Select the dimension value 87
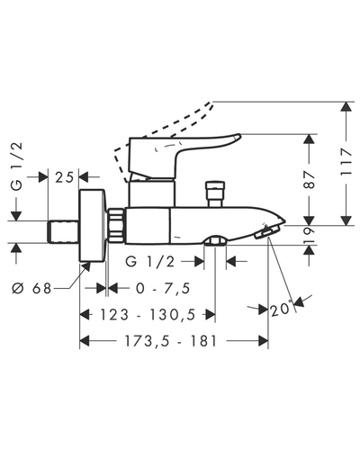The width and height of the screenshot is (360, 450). click(310, 179)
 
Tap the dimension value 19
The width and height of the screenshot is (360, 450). click(310, 235)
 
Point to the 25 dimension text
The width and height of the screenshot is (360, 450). click(64, 177)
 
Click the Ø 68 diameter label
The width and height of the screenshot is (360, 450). click(31, 289)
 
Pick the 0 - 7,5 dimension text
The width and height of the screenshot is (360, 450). click(163, 289)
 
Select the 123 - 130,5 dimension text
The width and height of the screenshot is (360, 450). click(148, 315)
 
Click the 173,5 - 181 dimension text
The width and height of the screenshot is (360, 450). click(171, 341)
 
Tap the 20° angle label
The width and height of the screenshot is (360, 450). click(281, 309)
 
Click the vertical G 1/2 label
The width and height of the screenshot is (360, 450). click(17, 166)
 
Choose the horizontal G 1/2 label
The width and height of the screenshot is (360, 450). click(149, 262)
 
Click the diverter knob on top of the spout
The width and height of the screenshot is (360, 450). click(214, 193)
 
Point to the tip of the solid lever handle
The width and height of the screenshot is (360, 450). click(240, 137)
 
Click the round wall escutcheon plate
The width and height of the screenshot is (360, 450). click(93, 225)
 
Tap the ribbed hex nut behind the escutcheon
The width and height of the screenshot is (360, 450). click(115, 225)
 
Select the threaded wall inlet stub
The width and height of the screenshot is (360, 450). click(63, 231)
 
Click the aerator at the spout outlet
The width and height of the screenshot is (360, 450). click(266, 232)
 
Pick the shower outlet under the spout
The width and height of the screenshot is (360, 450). click(215, 241)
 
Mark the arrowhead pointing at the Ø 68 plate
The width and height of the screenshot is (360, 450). click(86, 266)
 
